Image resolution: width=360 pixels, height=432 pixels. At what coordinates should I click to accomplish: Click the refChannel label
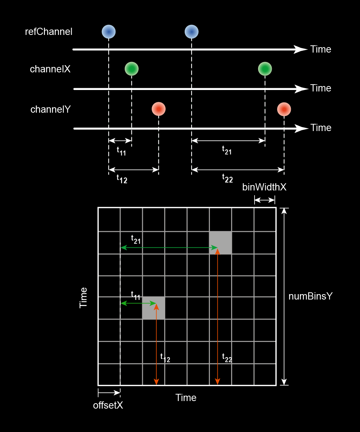pyautogui.click(x=49, y=32)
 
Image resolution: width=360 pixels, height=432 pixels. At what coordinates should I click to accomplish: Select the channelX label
pyautogui.click(x=50, y=69)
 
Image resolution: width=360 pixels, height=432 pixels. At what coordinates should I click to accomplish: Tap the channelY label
pyautogui.click(x=50, y=109)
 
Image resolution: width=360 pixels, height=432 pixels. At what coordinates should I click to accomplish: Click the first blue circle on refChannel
pyautogui.click(x=108, y=32)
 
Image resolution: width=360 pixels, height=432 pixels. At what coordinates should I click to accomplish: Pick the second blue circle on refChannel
pyautogui.click(x=192, y=32)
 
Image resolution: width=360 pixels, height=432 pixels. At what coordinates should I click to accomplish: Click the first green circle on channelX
pyautogui.click(x=131, y=68)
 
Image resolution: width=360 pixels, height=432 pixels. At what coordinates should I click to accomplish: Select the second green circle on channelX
pyautogui.click(x=265, y=68)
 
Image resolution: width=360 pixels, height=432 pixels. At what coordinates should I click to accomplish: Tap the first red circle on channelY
pyautogui.click(x=158, y=109)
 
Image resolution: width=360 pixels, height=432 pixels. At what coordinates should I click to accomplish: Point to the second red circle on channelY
pyautogui.click(x=284, y=109)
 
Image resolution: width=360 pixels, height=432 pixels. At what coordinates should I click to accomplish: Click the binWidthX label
pyautogui.click(x=264, y=187)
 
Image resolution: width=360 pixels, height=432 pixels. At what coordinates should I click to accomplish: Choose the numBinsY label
pyautogui.click(x=310, y=296)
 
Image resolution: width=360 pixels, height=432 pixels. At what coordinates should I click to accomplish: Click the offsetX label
pyautogui.click(x=108, y=405)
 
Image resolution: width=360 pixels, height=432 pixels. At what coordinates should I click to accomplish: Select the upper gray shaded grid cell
pyautogui.click(x=220, y=243)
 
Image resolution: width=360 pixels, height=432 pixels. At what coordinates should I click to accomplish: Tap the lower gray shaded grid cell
pyautogui.click(x=154, y=308)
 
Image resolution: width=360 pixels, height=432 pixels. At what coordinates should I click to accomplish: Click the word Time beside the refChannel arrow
pyautogui.click(x=320, y=49)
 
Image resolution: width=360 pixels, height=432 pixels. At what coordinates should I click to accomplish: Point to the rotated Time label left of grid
pyautogui.click(x=84, y=297)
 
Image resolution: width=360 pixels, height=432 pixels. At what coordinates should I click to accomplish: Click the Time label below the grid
pyautogui.click(x=186, y=398)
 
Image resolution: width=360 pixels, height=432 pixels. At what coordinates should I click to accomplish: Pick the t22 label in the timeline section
pyautogui.click(x=227, y=178)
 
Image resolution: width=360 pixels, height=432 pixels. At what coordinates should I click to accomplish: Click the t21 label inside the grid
pyautogui.click(x=136, y=239)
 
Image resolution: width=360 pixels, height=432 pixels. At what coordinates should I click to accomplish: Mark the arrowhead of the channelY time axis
pyautogui.click(x=301, y=128)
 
